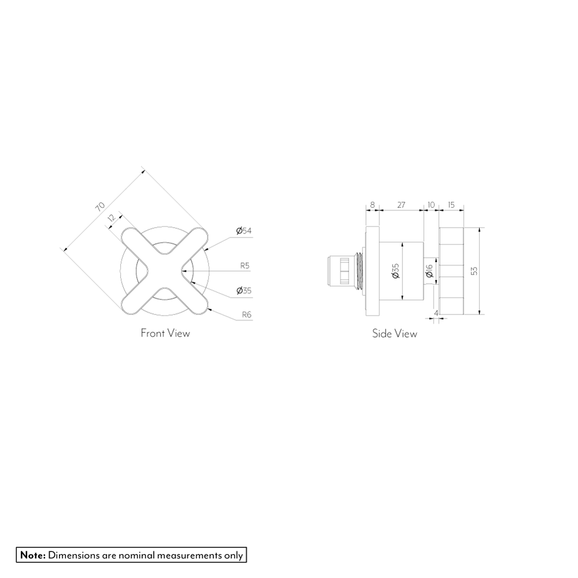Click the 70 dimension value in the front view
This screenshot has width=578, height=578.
tap(101, 206)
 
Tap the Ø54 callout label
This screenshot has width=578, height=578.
tap(244, 231)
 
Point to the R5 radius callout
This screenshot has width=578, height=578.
tap(244, 266)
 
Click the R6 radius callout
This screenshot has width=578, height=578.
tap(246, 316)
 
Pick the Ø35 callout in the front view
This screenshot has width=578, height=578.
tap(244, 291)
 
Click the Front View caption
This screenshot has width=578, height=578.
tap(165, 333)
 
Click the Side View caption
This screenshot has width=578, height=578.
tap(394, 334)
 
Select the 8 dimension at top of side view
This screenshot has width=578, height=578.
tap(372, 205)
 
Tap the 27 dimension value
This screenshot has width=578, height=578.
tap(401, 205)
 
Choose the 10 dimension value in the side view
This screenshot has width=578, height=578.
tap(431, 205)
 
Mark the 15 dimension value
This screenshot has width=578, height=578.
tap(451, 205)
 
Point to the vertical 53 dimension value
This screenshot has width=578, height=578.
tap(475, 271)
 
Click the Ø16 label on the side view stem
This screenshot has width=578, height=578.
tap(429, 271)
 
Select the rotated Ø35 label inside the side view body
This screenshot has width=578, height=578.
tap(395, 271)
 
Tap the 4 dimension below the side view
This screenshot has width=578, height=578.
tap(436, 313)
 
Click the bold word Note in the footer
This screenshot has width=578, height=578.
tap(33, 555)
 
